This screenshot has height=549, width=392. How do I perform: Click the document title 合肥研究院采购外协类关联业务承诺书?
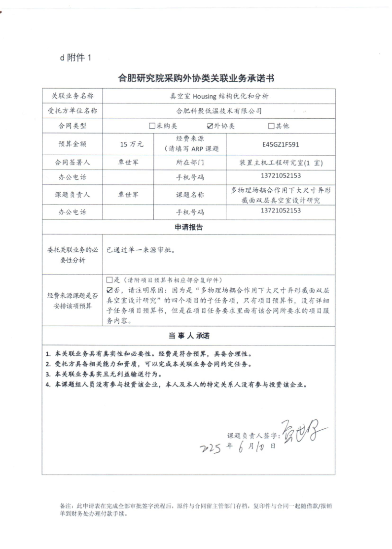(x=196, y=78)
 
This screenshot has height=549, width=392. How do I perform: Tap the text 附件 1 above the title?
(x=79, y=58)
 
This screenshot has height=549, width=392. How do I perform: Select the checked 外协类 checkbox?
(x=211, y=126)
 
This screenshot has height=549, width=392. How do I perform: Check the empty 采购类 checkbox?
(x=152, y=126)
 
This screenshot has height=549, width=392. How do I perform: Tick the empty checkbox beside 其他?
(x=271, y=126)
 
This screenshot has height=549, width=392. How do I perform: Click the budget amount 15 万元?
(x=131, y=145)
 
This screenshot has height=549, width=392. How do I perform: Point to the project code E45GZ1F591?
(x=281, y=145)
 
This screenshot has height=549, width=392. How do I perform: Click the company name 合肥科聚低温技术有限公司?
(x=218, y=111)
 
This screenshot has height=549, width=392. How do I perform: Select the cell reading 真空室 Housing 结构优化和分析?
(x=218, y=96)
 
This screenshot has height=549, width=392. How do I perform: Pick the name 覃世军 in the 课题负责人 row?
(x=129, y=195)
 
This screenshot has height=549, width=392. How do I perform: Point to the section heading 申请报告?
(x=188, y=228)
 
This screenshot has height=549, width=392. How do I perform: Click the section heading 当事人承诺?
(x=188, y=336)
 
